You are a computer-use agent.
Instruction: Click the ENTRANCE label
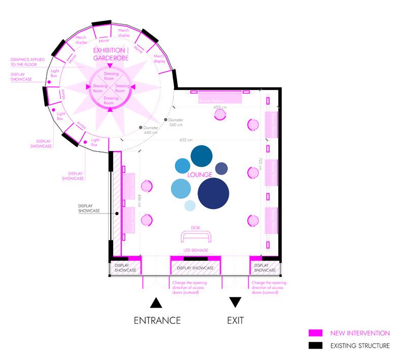tap(157, 321)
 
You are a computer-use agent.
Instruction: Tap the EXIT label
tap(235, 321)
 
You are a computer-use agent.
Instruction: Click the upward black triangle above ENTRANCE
tap(156, 303)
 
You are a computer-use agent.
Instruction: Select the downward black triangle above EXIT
tap(235, 302)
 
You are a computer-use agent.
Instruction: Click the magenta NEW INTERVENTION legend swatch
tap(315, 333)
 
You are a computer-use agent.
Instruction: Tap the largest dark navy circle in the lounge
tap(214, 193)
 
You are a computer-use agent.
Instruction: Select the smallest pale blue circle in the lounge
tap(190, 205)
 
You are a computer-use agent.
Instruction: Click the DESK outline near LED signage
tap(196, 236)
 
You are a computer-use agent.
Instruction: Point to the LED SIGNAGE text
tap(195, 251)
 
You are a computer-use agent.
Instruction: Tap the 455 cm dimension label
tap(219, 107)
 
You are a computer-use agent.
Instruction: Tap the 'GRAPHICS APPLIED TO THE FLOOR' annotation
tap(27, 62)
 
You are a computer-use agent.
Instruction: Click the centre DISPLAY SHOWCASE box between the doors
tap(195, 268)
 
